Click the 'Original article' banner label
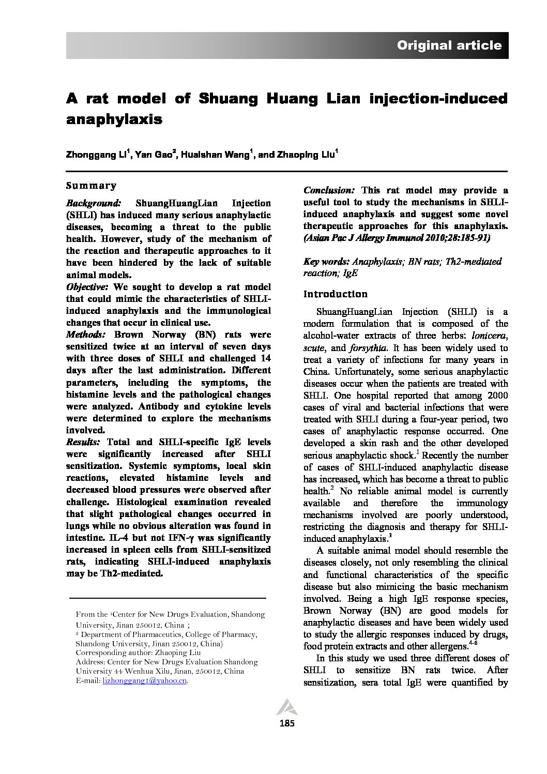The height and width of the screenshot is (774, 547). click(449, 45)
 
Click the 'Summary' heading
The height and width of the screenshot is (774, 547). click(92, 186)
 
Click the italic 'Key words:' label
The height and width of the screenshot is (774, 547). click(326, 262)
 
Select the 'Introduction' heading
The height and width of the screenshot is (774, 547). click(335, 294)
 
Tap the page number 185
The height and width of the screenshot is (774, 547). click(286, 723)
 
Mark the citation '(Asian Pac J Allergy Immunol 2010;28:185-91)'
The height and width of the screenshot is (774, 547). click(397, 238)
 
